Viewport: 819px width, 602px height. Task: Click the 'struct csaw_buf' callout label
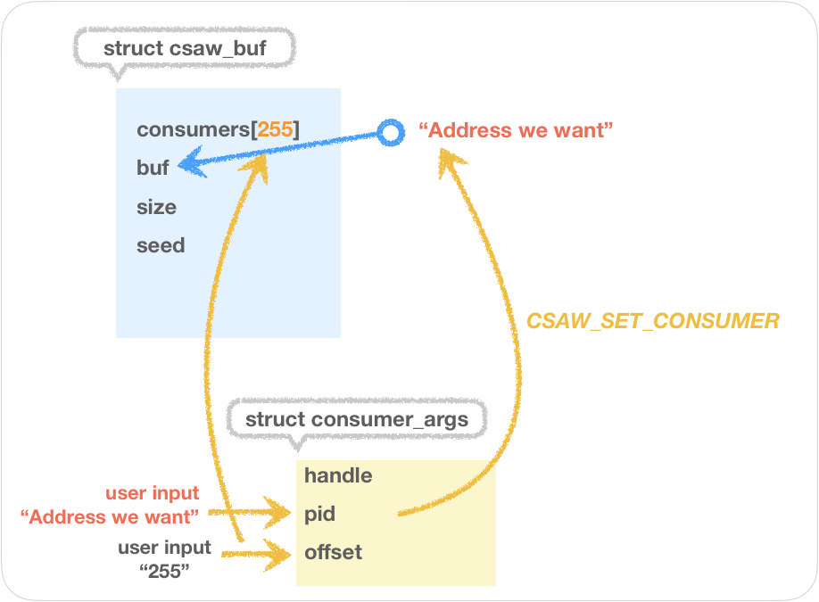[185, 48]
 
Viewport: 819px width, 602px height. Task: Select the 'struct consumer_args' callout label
[356, 419]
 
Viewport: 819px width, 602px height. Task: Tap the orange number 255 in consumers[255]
[275, 130]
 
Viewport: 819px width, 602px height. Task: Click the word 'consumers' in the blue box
[193, 130]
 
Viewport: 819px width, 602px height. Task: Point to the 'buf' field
[153, 169]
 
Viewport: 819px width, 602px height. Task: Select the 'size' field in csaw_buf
[156, 207]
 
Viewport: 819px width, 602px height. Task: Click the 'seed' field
[161, 245]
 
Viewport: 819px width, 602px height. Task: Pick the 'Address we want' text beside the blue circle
[517, 131]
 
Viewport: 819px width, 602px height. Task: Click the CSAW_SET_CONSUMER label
[653, 321]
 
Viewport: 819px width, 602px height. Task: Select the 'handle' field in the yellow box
[338, 475]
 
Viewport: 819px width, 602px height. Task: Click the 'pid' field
[320, 514]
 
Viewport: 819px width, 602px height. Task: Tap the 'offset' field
[333, 552]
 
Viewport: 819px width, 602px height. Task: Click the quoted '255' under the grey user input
[165, 572]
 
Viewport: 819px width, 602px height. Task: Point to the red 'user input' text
[153, 493]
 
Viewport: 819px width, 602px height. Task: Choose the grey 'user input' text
[165, 548]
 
